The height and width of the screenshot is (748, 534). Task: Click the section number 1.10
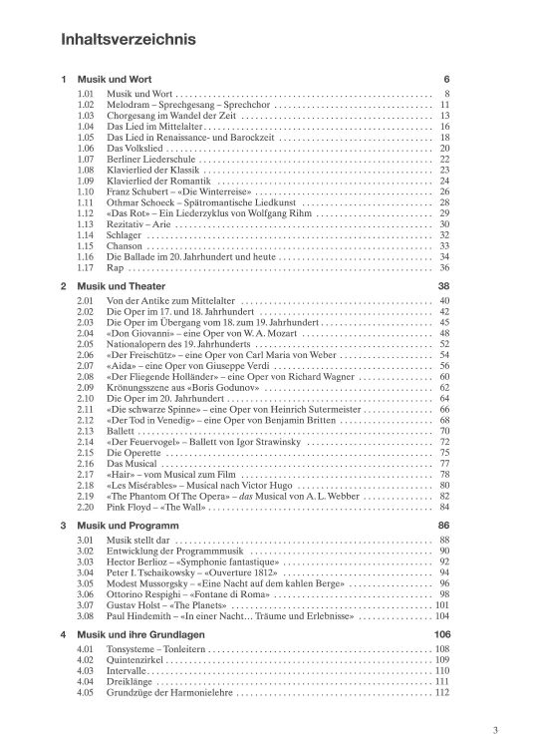pos(86,191)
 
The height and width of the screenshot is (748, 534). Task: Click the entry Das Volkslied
pos(135,148)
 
